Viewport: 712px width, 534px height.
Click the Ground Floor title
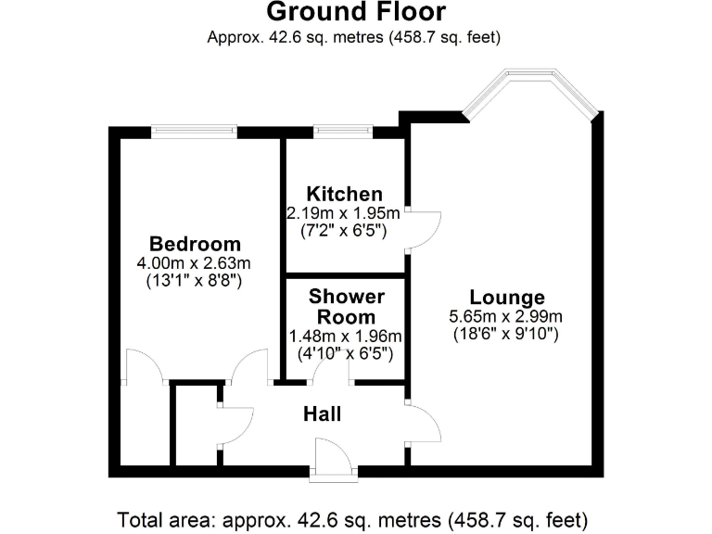pyautogui.click(x=356, y=13)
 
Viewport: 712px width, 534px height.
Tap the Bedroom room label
pyautogui.click(x=195, y=244)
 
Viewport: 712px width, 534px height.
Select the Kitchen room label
pyautogui.click(x=345, y=194)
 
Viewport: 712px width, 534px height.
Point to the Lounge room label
pyautogui.click(x=506, y=298)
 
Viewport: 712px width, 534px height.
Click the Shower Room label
pyautogui.click(x=346, y=306)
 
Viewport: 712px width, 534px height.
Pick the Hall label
pyautogui.click(x=323, y=413)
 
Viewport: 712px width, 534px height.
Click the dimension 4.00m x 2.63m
pyautogui.click(x=195, y=262)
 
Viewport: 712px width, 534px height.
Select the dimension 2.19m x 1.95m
pyautogui.click(x=345, y=212)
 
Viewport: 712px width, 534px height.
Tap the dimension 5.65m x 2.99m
pyautogui.click(x=506, y=316)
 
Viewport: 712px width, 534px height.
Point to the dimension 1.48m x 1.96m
pyautogui.click(x=346, y=336)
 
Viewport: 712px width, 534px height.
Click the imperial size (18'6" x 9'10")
pyautogui.click(x=506, y=334)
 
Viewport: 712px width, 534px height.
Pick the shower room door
pyautogui.click(x=330, y=371)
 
